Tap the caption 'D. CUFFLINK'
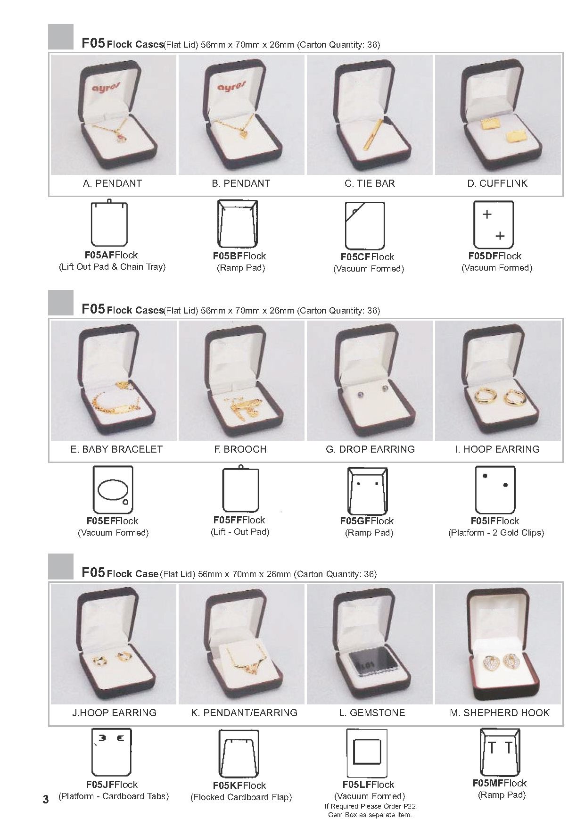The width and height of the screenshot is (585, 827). tap(497, 183)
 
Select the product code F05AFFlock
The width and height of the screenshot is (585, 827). tap(111, 255)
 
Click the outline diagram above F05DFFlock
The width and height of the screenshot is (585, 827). tap(494, 224)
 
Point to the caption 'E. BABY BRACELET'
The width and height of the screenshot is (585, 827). tap(116, 449)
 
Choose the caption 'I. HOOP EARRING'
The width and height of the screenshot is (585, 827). tap(497, 449)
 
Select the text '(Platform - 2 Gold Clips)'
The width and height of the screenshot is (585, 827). tap(496, 533)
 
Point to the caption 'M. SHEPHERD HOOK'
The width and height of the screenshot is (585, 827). tap(500, 713)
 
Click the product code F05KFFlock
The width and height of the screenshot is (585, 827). tap(239, 786)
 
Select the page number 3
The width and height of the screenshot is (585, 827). tap(46, 799)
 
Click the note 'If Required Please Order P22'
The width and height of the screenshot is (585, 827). tap(370, 806)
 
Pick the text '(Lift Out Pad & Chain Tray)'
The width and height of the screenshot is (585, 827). tap(112, 267)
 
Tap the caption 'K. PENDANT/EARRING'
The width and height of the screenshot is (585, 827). tap(244, 713)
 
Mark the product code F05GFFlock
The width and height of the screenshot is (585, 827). tap(367, 521)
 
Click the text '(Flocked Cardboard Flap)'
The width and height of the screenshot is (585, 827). tap(241, 797)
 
